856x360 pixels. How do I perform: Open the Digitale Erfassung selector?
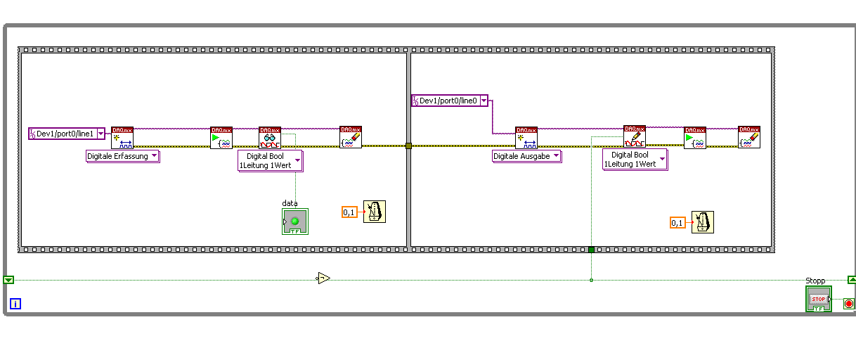123,156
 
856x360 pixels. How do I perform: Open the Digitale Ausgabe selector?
526,156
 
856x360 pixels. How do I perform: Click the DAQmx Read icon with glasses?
270,138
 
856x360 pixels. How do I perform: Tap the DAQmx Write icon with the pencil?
634,136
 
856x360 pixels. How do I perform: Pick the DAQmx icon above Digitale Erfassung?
122,138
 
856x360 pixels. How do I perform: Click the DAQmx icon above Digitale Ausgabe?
526,138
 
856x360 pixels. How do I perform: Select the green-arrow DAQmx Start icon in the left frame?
221,138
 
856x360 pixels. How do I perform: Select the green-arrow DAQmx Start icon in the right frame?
695,138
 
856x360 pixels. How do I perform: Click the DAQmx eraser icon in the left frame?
351,137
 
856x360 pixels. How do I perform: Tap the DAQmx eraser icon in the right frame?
749,137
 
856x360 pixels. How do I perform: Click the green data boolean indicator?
295,221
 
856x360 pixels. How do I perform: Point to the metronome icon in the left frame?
375,212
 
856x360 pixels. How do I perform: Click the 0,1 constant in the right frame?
677,223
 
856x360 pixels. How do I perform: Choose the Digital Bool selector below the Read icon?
271,160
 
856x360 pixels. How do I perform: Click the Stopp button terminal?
819,299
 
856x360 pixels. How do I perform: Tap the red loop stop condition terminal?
848,304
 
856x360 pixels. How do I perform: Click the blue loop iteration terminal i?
15,304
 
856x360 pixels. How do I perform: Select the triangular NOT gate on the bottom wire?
323,278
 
